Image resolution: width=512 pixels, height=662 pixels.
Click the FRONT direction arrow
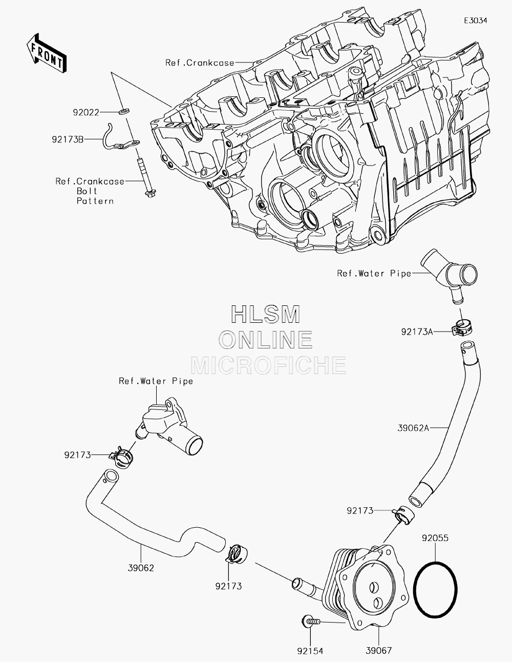click(x=46, y=53)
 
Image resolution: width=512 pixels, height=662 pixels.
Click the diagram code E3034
click(x=476, y=20)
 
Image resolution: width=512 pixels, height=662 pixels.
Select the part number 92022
click(x=86, y=113)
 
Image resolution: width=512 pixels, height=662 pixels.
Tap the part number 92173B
click(x=68, y=139)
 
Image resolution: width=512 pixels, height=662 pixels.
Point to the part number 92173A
click(x=417, y=332)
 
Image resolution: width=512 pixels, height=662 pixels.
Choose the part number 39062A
click(x=413, y=428)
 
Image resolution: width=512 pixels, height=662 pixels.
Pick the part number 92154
click(x=310, y=651)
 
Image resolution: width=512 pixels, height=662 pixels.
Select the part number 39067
click(x=379, y=651)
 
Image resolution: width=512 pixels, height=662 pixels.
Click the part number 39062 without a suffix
click(x=141, y=568)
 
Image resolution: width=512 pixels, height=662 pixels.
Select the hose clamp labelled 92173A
click(x=462, y=328)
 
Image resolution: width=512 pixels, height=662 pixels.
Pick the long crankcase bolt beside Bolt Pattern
click(x=147, y=178)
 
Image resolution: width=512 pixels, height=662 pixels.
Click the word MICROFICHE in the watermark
click(x=268, y=365)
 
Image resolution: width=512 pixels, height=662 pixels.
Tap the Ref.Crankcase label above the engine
click(x=200, y=63)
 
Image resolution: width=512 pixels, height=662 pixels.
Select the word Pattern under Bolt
click(x=95, y=201)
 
